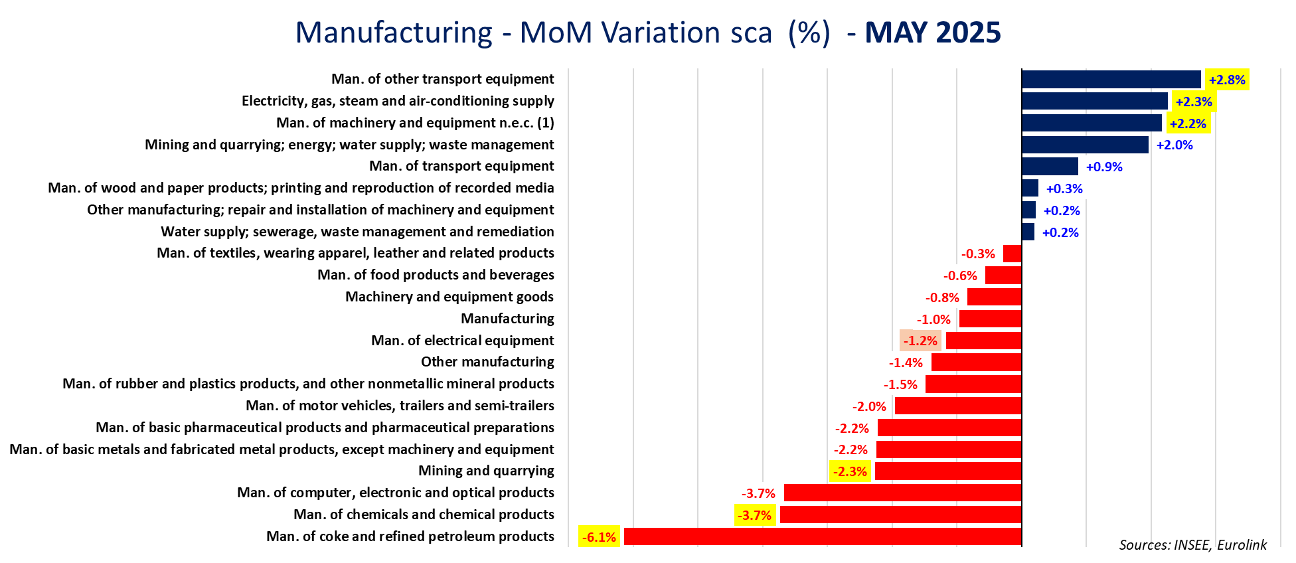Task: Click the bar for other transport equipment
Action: click(1111, 80)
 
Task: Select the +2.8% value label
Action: click(1226, 80)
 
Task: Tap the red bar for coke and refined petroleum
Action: click(822, 536)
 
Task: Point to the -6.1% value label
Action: click(599, 537)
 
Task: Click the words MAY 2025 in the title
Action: click(932, 33)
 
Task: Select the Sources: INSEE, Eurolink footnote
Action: click(1192, 545)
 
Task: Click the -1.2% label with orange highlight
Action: click(920, 341)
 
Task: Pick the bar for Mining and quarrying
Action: click(947, 471)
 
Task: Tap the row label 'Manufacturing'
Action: click(507, 319)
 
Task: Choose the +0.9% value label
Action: click(1103, 167)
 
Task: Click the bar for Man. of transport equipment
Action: click(1050, 167)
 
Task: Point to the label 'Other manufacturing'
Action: click(487, 362)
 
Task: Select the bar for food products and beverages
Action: click(1003, 276)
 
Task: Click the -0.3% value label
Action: click(978, 254)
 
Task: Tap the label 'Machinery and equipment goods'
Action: click(449, 297)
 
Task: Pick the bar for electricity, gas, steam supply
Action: click(1094, 102)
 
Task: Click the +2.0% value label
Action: click(1174, 145)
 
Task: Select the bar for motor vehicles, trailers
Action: click(957, 406)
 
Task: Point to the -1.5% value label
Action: click(900, 385)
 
